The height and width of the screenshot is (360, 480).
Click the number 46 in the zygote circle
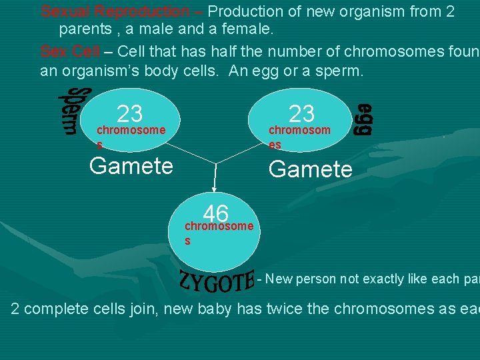[216, 213]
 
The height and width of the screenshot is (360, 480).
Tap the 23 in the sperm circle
[129, 114]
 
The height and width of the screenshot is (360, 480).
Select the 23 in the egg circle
[301, 113]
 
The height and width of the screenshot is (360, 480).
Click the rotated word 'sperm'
[69, 111]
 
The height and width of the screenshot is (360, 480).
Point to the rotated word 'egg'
[363, 119]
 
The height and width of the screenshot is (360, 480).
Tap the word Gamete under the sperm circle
[131, 165]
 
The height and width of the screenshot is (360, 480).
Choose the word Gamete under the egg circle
[310, 169]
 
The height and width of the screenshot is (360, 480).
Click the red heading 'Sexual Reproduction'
[115, 11]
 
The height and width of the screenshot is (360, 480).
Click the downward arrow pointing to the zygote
[215, 179]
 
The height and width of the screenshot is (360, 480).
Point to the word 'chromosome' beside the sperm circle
[131, 129]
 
